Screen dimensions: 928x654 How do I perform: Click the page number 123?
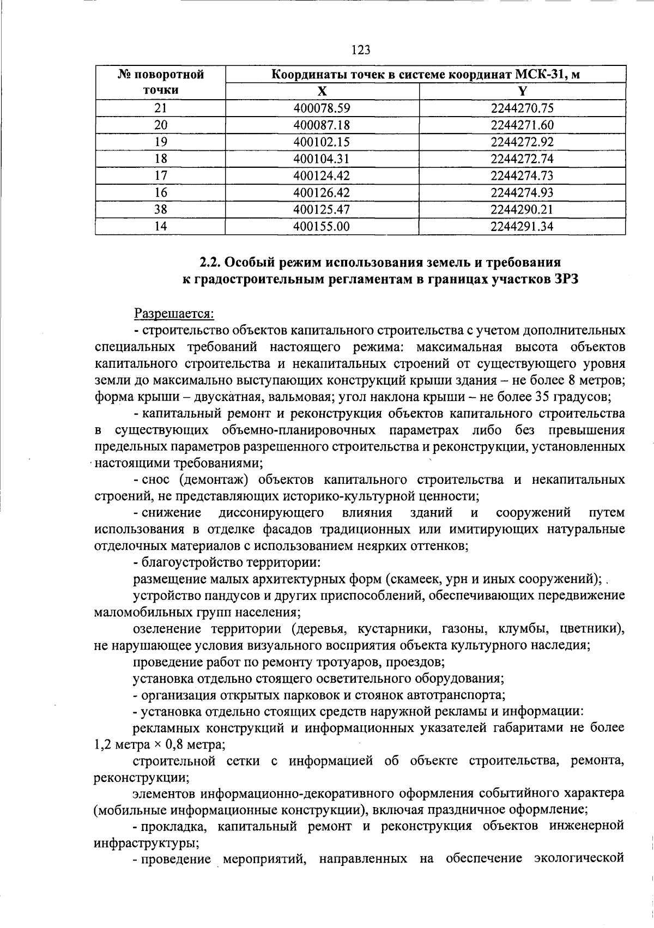click(360, 51)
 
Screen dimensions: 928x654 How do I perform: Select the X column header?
click(322, 91)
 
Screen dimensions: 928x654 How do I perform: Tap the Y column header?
click(522, 91)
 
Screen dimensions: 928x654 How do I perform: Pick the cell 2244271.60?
click(522, 125)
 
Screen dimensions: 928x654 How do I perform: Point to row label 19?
click(160, 142)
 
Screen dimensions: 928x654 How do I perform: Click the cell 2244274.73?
click(522, 176)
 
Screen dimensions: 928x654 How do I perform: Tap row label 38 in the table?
click(160, 210)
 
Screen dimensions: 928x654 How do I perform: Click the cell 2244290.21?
click(522, 210)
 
